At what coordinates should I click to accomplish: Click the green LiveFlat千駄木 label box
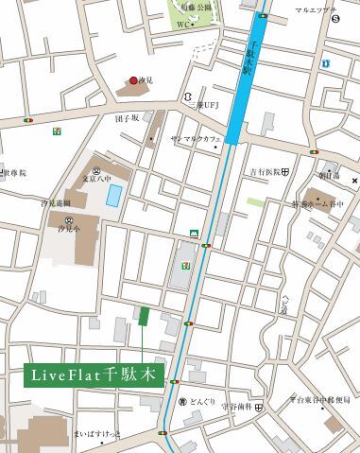(x=92, y=375)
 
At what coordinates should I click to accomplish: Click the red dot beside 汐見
(x=133, y=81)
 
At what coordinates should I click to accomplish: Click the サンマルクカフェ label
(x=196, y=138)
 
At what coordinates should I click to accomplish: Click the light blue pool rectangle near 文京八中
(x=114, y=196)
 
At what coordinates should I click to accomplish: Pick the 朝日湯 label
(x=328, y=176)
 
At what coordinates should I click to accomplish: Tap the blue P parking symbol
(x=324, y=63)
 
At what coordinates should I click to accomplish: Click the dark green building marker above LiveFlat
(x=143, y=316)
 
